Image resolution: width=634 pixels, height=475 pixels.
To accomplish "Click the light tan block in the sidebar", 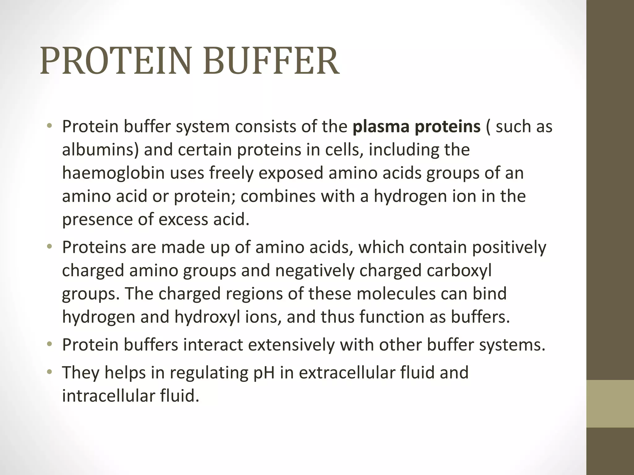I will [610, 404].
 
